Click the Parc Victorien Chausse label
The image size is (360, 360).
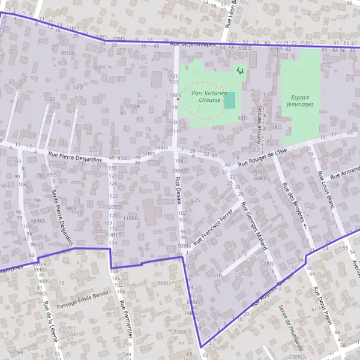coord(209,97)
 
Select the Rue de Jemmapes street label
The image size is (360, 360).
coord(192,44)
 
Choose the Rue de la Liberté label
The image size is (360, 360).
coord(52,322)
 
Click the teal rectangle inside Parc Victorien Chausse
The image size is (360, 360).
coord(230,100)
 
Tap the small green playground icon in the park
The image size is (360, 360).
coord(241,71)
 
